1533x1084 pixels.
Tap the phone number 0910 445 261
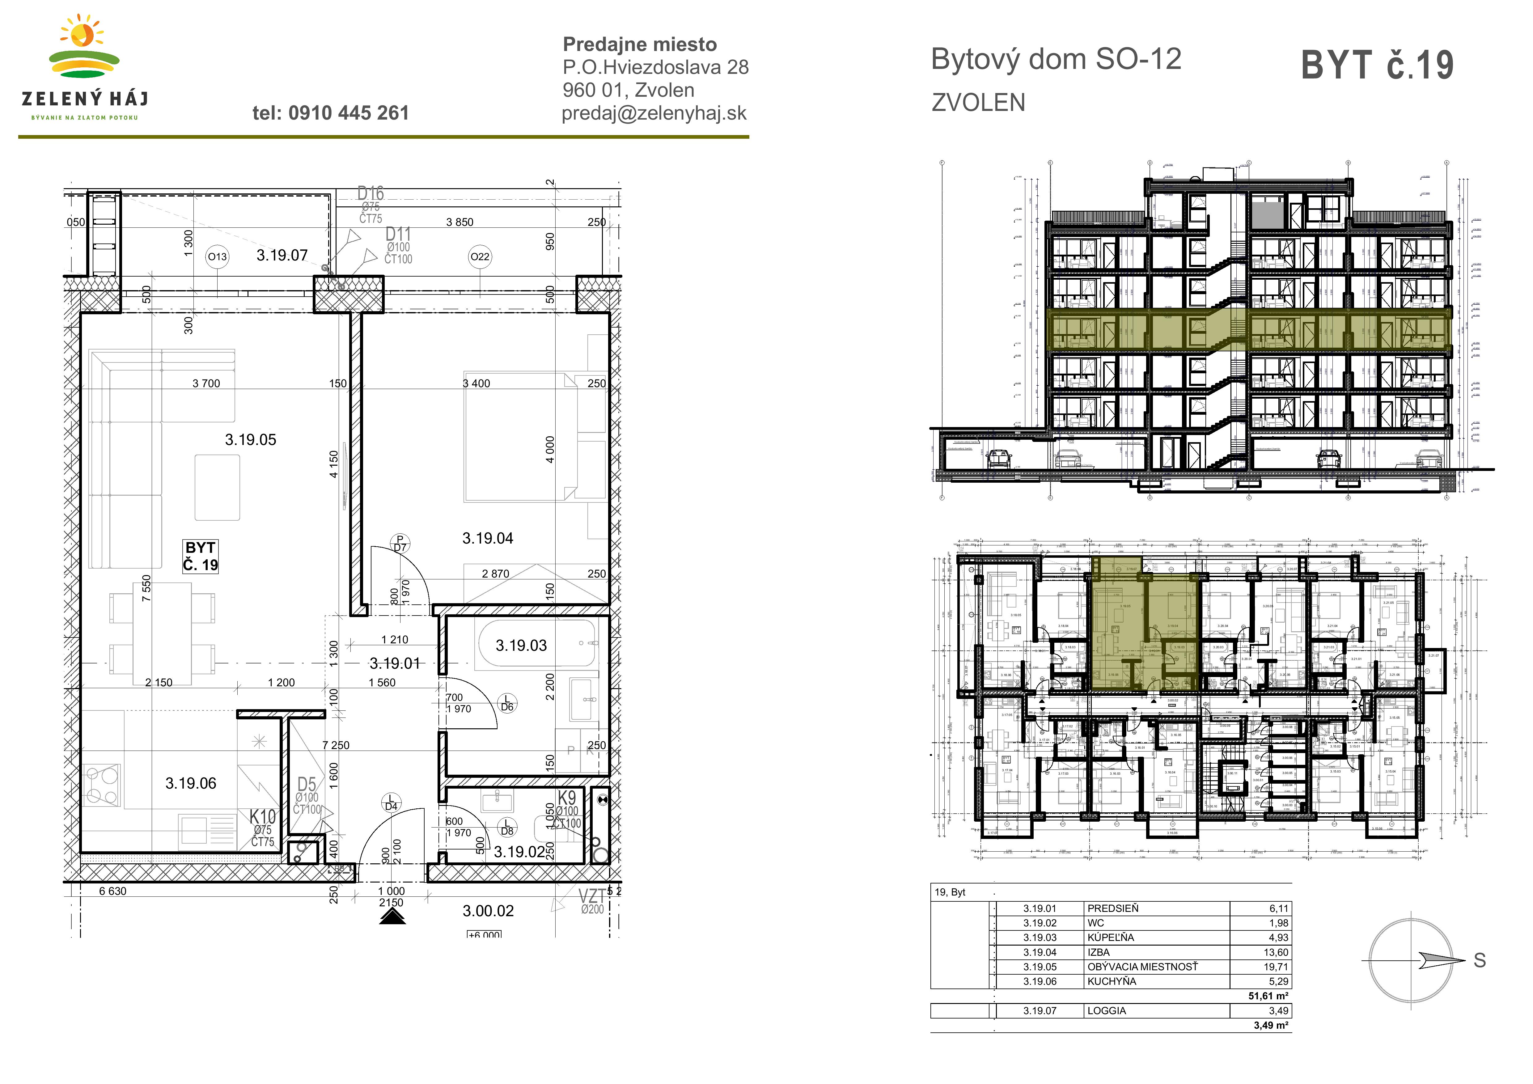331,113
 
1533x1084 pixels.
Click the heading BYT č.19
1377,66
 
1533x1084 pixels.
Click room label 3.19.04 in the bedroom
487,538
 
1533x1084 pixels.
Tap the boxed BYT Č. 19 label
200,556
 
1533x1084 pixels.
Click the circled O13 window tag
217,256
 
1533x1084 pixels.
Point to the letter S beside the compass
1480,960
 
